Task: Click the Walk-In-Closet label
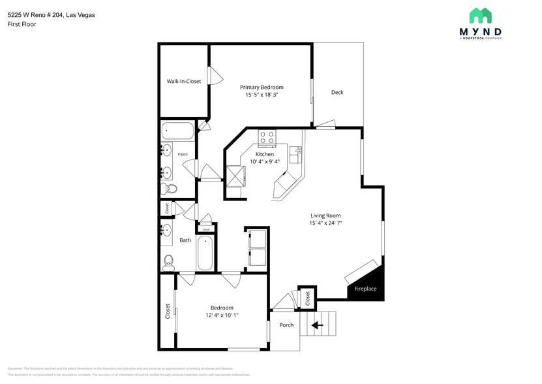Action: point(184,82)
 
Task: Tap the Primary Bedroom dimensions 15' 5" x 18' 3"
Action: point(262,95)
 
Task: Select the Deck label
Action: point(337,93)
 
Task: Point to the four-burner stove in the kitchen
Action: point(267,138)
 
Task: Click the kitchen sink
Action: point(297,153)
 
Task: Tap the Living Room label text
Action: point(325,216)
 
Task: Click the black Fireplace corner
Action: point(369,285)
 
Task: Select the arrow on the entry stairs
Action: point(318,325)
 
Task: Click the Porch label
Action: point(286,325)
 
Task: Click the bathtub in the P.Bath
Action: point(177,131)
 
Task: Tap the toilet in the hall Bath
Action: point(168,263)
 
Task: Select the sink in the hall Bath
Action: point(166,231)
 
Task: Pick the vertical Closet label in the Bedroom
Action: point(168,311)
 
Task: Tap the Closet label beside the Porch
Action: point(307,298)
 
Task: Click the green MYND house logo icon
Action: point(480,16)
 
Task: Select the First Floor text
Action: point(22,24)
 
